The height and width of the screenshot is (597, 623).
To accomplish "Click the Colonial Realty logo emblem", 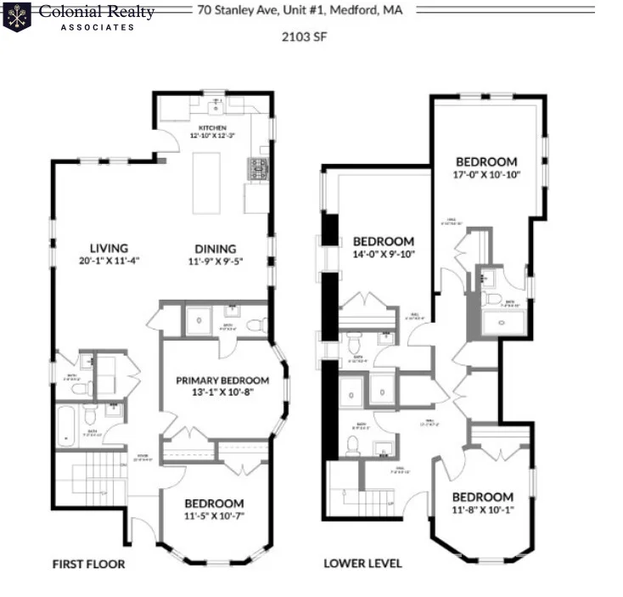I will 17,16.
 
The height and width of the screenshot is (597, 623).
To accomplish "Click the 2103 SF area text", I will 304,37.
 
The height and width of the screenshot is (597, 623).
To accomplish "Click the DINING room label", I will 216,248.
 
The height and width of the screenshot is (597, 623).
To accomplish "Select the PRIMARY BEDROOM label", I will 222,380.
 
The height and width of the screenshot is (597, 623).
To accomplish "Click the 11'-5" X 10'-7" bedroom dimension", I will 215,516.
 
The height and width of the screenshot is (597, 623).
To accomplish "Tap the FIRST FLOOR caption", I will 89,564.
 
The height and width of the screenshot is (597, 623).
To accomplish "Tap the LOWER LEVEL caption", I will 362,564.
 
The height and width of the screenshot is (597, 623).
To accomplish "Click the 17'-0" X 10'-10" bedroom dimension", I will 486,175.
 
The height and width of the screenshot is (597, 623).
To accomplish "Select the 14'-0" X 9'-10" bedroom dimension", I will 384,255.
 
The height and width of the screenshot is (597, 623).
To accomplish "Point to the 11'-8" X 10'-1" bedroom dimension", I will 482,510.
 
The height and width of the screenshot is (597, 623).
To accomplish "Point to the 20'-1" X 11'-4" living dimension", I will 96,261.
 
